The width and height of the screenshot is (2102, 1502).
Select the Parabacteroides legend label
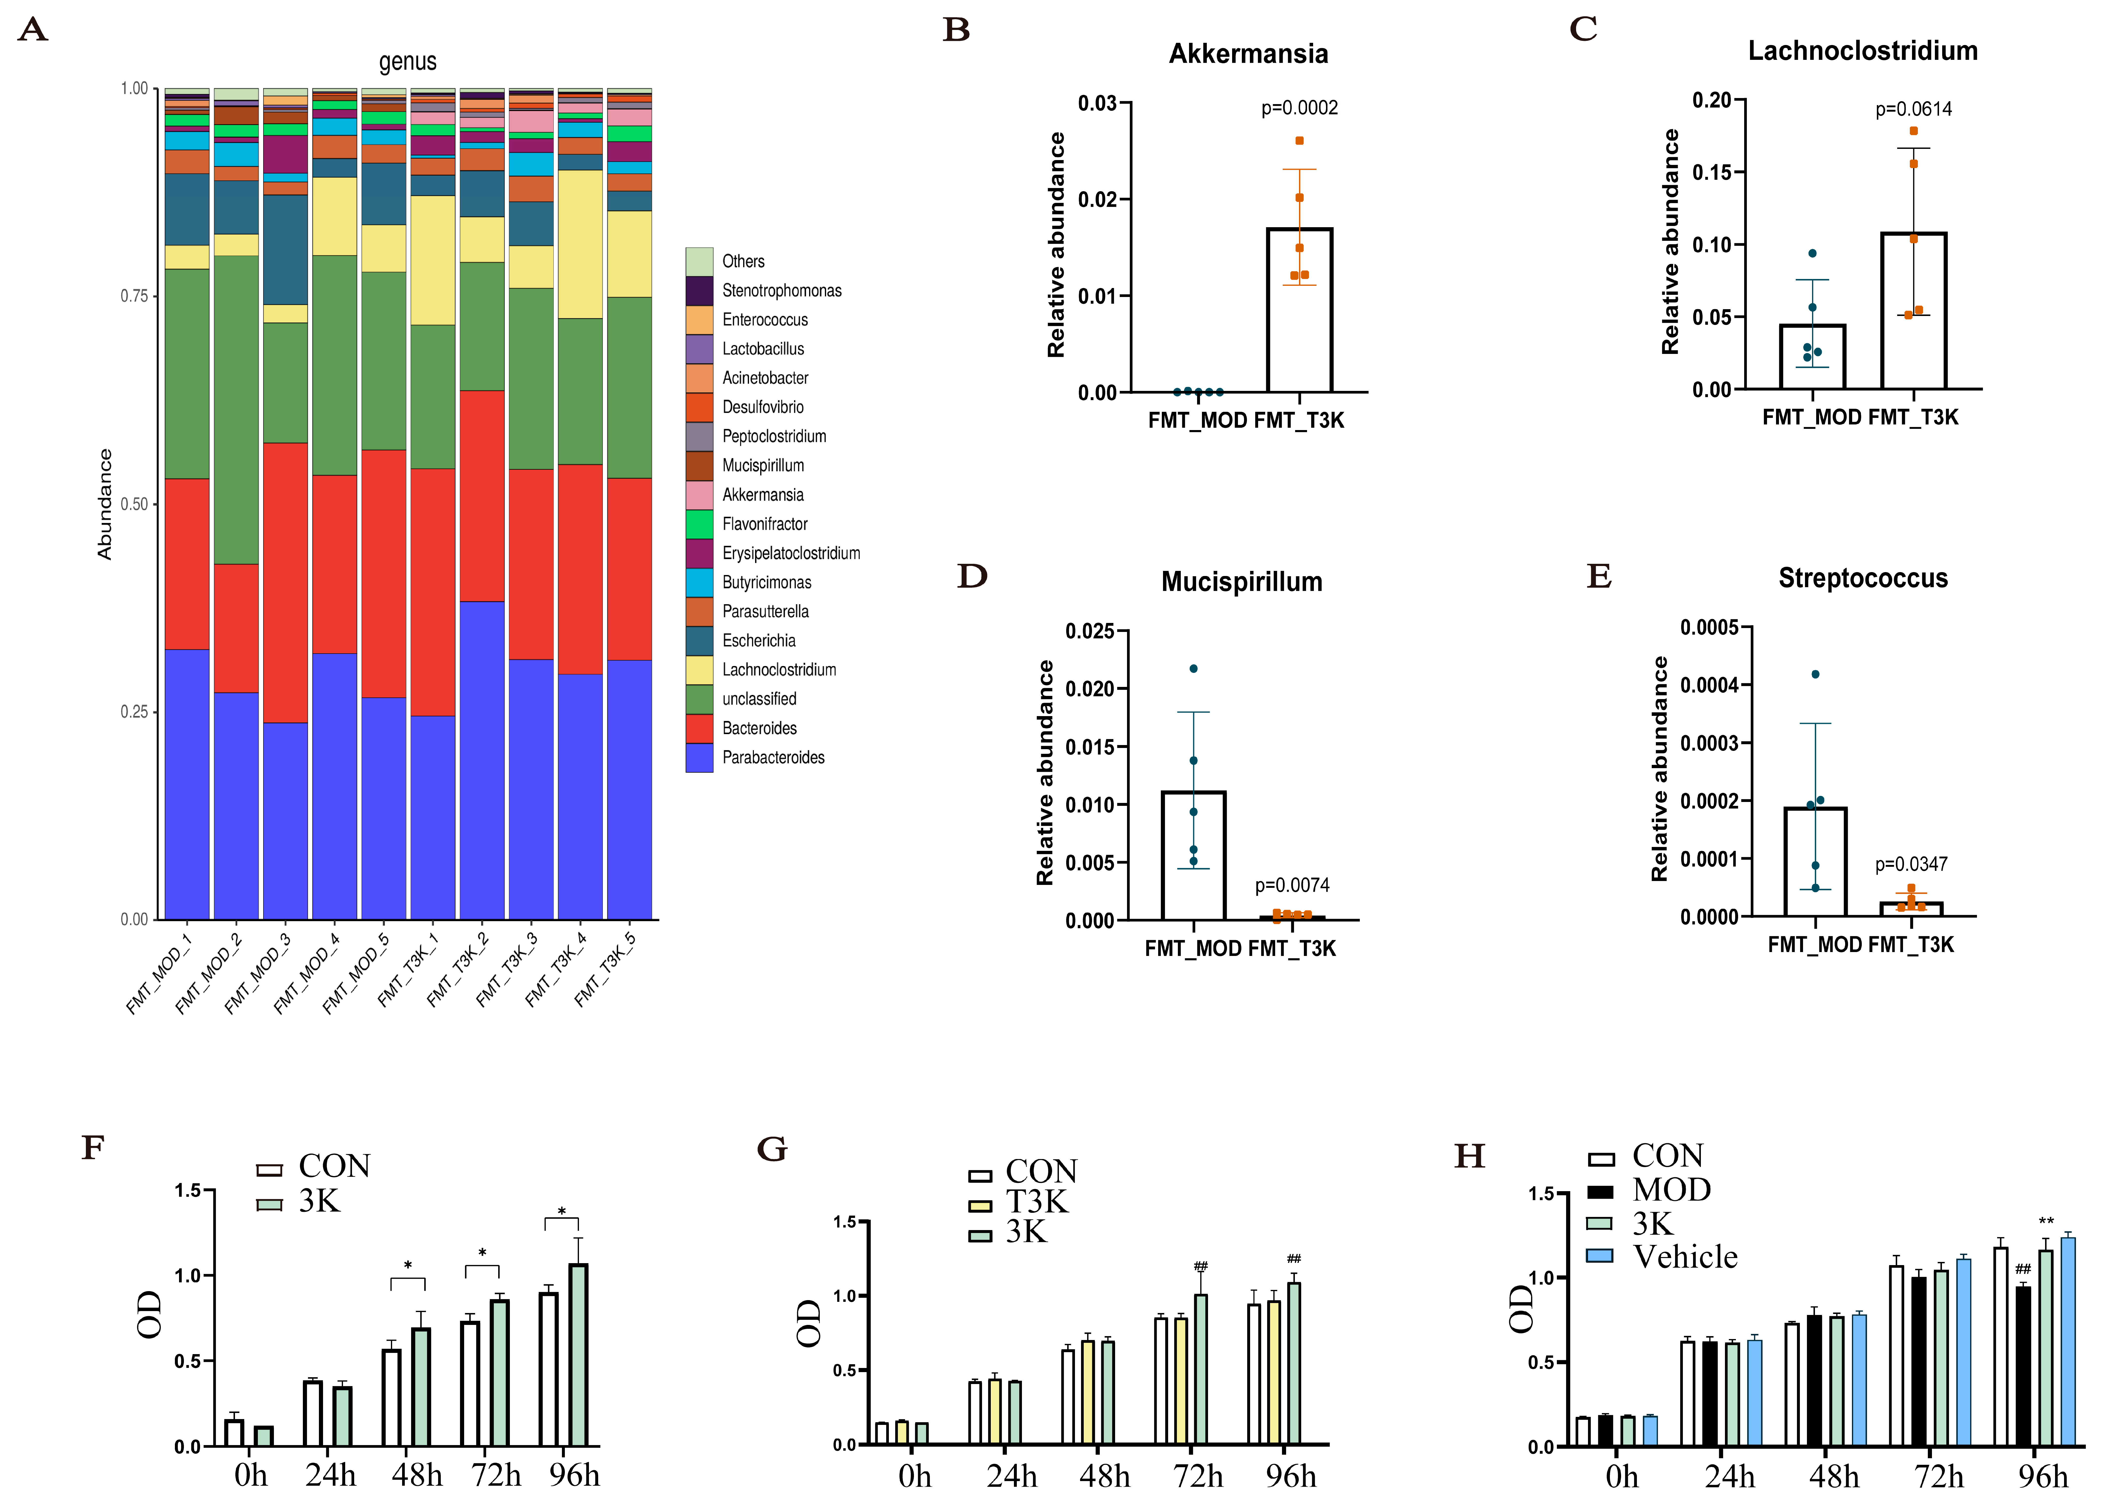(773, 757)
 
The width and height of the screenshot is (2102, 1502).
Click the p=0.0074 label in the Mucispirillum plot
(1292, 885)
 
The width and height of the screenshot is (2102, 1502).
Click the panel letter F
(92, 1148)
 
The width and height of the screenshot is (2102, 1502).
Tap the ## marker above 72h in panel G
(1200, 1266)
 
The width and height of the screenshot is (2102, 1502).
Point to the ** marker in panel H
(2046, 1222)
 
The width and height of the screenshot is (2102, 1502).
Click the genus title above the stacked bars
(408, 62)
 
